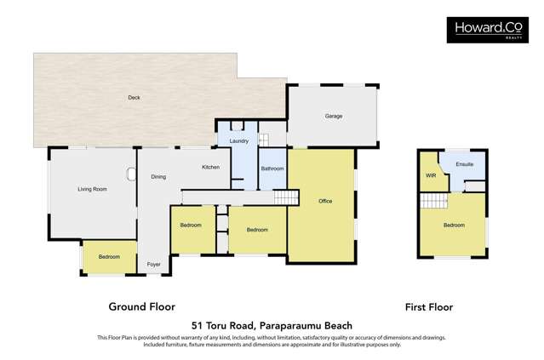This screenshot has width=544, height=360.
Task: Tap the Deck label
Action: click(x=134, y=98)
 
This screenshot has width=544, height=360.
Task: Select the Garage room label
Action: click(x=333, y=116)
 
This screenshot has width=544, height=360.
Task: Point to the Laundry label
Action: click(x=239, y=141)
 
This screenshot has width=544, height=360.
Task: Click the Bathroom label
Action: click(x=272, y=169)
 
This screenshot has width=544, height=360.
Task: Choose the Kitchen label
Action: click(x=210, y=167)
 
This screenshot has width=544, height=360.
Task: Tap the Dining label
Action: click(x=158, y=177)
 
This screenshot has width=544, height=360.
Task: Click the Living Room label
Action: click(x=92, y=189)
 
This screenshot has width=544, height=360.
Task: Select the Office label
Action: click(x=325, y=201)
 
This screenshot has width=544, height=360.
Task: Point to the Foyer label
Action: click(x=153, y=265)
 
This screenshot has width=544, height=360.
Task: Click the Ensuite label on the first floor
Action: click(x=465, y=163)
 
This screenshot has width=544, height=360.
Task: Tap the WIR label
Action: click(x=430, y=176)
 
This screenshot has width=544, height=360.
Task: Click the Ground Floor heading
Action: click(x=141, y=306)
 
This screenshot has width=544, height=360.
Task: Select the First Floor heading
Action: click(x=428, y=307)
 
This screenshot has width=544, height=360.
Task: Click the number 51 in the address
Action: click(x=198, y=325)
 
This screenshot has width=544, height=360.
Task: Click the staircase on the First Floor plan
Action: click(x=434, y=201)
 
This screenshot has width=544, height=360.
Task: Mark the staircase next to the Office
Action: click(x=287, y=197)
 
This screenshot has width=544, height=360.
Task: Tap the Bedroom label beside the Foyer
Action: click(x=109, y=257)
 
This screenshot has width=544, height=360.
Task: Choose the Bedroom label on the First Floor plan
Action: click(x=454, y=226)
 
